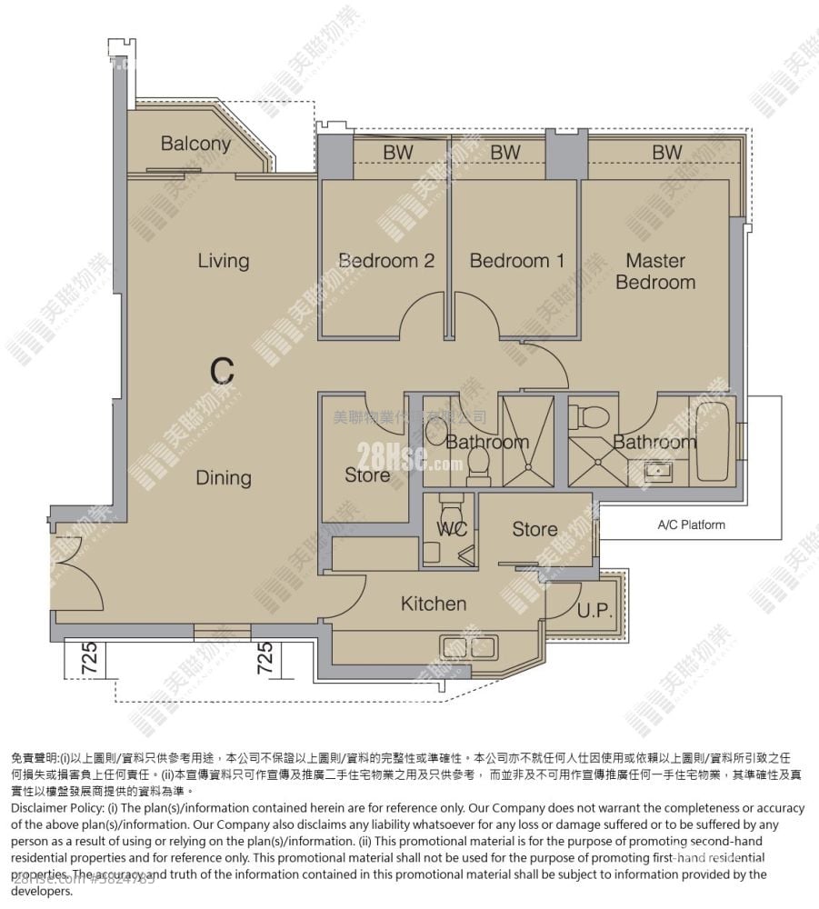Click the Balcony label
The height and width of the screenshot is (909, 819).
coord(195,144)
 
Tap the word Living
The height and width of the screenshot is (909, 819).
coord(223,261)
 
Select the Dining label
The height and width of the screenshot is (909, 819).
coord(224,478)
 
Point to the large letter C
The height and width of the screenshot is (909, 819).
coord(222,371)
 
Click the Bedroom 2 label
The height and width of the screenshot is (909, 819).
coord(386,261)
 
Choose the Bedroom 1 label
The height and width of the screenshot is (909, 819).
coord(516,261)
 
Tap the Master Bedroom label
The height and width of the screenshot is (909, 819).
coord(655,271)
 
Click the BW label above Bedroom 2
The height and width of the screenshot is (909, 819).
coord(397,154)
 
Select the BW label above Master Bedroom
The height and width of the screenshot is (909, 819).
coord(666,154)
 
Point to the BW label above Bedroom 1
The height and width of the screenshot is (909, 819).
coord(505,154)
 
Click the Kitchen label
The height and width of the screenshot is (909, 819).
coord(434,604)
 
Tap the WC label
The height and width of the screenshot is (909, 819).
coord(452,529)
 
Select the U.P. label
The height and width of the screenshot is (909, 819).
coord(594,611)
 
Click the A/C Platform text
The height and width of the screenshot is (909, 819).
coord(691,524)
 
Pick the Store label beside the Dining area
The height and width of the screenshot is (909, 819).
coord(367,475)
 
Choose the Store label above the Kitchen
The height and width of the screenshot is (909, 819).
coord(534,529)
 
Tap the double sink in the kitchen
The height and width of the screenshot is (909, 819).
coord(468,647)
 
